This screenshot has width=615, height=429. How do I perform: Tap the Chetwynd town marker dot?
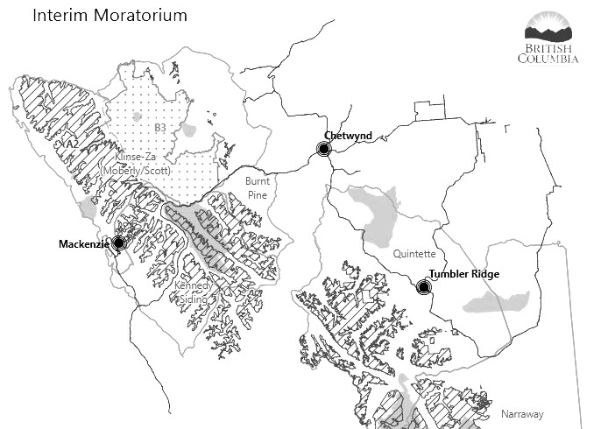pos(323,150)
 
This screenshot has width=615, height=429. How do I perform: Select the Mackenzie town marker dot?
pos(118,243)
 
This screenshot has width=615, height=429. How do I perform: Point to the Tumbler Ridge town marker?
pos(423,286)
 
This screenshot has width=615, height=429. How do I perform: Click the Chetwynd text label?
pos(348,136)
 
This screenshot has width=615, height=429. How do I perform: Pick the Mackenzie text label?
pos(83,243)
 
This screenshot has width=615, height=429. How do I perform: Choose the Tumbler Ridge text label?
pos(464,274)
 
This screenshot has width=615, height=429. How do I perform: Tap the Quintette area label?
pos(414,254)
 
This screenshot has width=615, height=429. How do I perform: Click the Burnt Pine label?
pos(257,186)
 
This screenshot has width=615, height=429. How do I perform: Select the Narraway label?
pos(522,414)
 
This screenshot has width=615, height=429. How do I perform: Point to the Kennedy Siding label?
pos(194,292)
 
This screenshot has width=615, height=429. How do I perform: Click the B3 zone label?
pos(160,129)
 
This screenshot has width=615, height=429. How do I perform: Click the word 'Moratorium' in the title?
pos(143,16)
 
